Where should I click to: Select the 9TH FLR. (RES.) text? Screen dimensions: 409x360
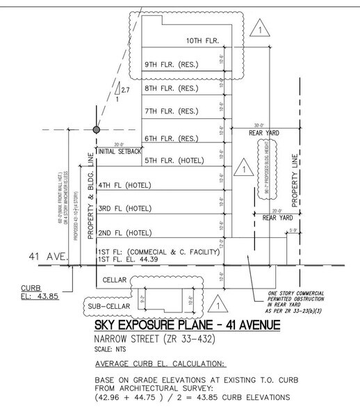tap(172, 65)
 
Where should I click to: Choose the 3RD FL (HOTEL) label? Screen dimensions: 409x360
tap(125, 208)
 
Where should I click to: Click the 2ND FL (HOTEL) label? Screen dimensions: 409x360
tap(125, 232)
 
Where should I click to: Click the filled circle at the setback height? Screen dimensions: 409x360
tap(97, 130)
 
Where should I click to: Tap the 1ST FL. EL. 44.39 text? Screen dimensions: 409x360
tap(130, 259)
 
